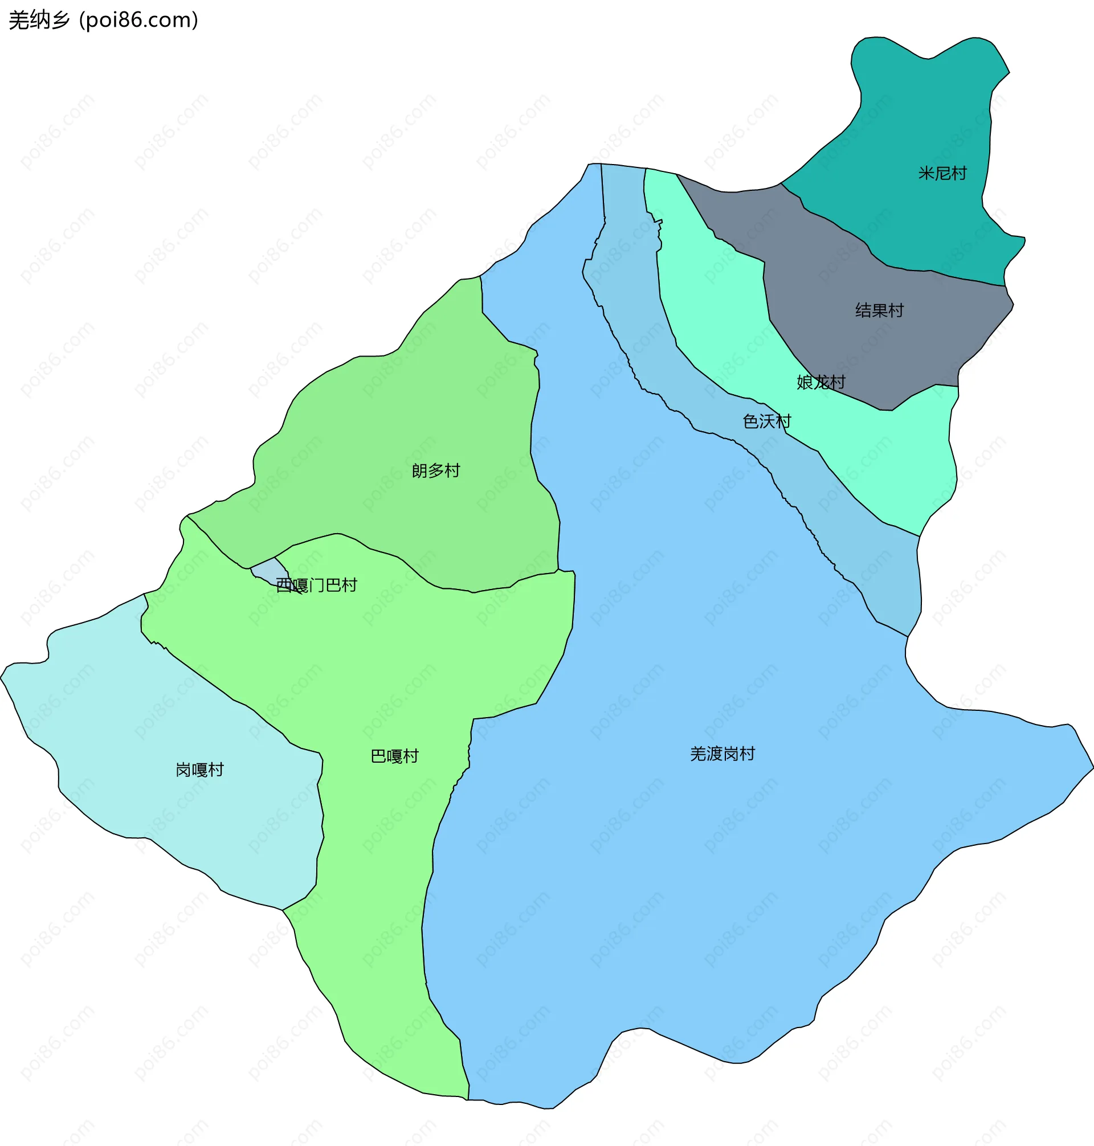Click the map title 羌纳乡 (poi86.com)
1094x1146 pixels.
[x=103, y=21]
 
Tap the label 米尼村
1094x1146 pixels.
[x=942, y=173]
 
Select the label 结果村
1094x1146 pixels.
[x=879, y=310]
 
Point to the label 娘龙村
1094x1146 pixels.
[x=820, y=382]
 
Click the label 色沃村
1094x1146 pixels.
[x=766, y=421]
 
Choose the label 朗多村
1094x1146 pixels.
[x=436, y=470]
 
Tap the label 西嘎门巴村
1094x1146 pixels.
[x=316, y=584]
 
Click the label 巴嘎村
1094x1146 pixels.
[x=395, y=756]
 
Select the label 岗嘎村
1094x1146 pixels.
[x=199, y=770]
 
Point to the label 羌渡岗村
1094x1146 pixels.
[x=722, y=754]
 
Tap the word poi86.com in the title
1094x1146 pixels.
[x=138, y=21]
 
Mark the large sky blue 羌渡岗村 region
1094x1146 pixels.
[x=700, y=874]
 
